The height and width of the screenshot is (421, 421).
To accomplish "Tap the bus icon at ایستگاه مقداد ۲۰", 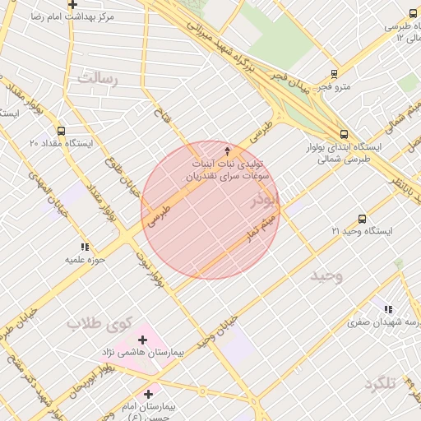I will click(61, 131).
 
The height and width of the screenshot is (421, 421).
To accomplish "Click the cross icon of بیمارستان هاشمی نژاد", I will click(143, 340).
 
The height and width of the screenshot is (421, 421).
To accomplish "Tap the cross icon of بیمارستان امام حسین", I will click(148, 395).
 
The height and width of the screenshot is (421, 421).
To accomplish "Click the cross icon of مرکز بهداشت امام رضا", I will click(73, 5).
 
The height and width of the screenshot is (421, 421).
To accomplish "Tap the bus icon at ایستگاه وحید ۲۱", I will click(363, 219).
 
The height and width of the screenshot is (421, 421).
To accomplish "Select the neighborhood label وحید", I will click(326, 276).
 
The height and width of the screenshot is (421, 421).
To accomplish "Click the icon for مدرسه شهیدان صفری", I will click(388, 309).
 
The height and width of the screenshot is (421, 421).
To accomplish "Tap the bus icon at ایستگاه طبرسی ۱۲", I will click(414, 13).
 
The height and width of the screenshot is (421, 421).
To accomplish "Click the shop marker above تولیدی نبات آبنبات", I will click(228, 151).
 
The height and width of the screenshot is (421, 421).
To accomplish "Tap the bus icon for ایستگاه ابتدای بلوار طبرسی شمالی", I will click(344, 134).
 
